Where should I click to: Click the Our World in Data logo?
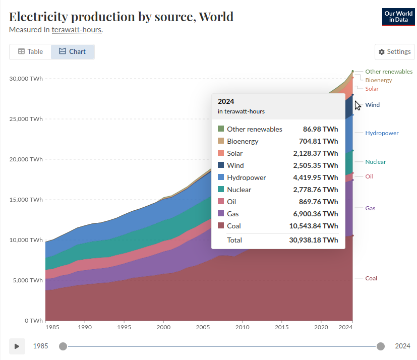tap(398, 17)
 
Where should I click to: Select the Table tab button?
tap(31, 51)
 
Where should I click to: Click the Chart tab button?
tap(72, 51)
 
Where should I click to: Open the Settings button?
tap(395, 52)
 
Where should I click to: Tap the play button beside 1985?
tap(17, 346)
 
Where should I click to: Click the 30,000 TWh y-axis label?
tap(26, 79)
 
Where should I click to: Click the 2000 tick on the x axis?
tap(163, 328)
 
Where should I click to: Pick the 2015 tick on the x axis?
tap(282, 328)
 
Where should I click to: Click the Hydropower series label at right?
tap(382, 133)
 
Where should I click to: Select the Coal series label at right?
tap(371, 278)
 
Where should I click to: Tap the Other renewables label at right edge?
tap(389, 72)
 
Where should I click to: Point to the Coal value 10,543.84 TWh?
tap(315, 226)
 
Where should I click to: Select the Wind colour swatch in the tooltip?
tap(221, 165)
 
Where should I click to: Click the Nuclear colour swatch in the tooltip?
tap(221, 190)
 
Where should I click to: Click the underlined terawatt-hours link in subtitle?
tap(77, 30)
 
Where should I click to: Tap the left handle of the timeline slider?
tap(63, 346)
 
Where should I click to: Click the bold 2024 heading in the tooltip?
tap(226, 101)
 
